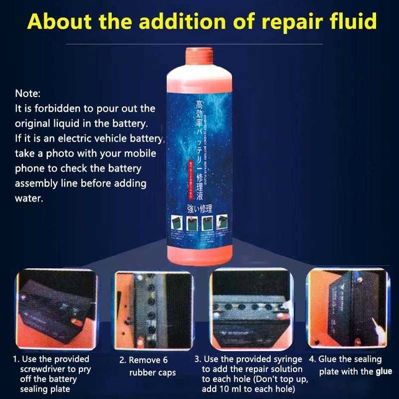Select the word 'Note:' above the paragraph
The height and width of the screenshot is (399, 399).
click(28, 93)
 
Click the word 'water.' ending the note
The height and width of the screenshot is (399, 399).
click(28, 198)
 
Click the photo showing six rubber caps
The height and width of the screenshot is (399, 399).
click(152, 310)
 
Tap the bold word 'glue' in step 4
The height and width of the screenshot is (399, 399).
click(384, 371)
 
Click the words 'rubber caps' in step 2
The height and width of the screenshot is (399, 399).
click(152, 373)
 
